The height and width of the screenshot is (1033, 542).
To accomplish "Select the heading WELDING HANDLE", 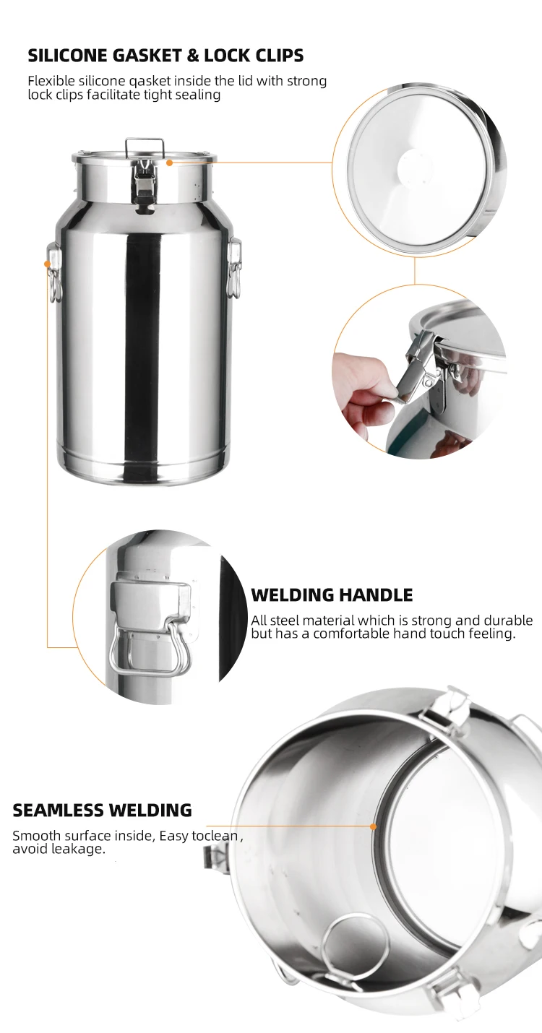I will pyautogui.click(x=332, y=595).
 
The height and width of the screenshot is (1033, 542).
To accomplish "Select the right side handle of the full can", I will pyautogui.click(x=235, y=267).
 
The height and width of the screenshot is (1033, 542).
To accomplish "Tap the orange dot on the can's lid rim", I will pyautogui.click(x=169, y=163).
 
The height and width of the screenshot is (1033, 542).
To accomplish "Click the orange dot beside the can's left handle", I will pyautogui.click(x=48, y=264).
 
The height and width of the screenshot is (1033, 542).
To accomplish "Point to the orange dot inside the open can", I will pyautogui.click(x=373, y=826).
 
